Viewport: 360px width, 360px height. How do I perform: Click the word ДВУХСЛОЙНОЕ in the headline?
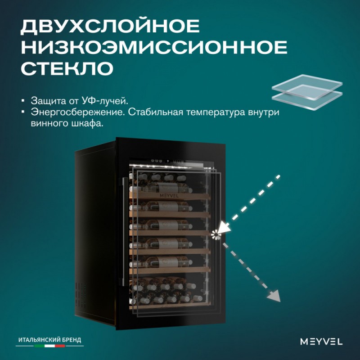point(110,27)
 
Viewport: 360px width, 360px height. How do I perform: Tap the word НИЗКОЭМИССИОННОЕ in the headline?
point(154,47)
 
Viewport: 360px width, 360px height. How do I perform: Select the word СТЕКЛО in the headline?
point(67,68)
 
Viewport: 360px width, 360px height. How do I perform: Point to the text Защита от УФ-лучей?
point(80,101)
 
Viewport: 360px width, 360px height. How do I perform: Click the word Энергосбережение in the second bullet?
point(77,112)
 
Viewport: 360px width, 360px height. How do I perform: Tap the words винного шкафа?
point(67,123)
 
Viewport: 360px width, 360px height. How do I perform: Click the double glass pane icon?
point(307,92)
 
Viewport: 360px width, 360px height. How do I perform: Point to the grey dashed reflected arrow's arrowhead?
point(274,296)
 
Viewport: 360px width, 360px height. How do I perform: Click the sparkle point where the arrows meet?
point(216,234)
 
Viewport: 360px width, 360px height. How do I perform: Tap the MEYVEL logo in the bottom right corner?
point(321,342)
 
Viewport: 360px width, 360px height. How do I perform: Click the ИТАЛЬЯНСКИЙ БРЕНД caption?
point(50,340)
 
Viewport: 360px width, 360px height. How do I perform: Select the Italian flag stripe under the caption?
point(49,346)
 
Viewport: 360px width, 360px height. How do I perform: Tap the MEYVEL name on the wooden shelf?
point(169,196)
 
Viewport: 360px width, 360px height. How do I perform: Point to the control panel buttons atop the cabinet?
point(168,162)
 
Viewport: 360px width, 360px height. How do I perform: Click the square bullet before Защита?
point(23,100)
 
